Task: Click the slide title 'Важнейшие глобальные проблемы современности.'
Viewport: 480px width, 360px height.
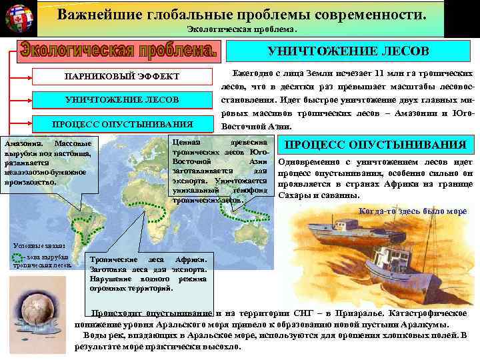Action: coord(241,15)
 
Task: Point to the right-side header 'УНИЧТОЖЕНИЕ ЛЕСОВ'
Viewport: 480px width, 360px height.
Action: coord(348,51)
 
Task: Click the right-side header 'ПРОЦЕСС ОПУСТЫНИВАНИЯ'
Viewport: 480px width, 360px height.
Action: coord(375,145)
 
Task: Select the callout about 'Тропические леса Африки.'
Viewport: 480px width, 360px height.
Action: coord(148,273)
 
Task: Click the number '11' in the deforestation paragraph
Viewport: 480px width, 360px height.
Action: coord(379,73)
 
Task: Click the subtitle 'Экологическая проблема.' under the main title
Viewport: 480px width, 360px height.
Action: coord(241,30)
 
